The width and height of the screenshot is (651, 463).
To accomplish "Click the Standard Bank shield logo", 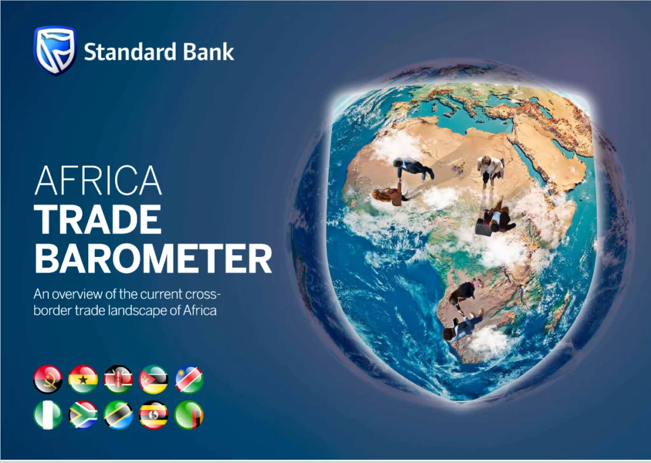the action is tap(55, 50).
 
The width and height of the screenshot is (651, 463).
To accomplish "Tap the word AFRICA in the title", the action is tap(98, 181).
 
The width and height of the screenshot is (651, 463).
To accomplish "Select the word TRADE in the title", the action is tap(98, 219).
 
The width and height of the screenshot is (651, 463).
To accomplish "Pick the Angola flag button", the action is tap(48, 379).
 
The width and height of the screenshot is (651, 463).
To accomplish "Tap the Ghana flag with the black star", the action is tap(83, 379).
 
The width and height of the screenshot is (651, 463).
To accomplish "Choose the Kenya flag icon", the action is tap(118, 379).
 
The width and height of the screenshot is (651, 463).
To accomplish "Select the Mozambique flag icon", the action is tap(154, 379).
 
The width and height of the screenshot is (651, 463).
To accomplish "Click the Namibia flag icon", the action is tap(189, 379).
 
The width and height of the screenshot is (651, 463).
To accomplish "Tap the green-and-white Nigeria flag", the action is tap(48, 415).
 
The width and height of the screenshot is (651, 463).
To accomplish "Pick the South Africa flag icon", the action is tap(83, 415).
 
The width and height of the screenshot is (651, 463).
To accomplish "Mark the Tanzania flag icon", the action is tap(118, 415).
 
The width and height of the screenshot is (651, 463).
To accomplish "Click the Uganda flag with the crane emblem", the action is tap(154, 415).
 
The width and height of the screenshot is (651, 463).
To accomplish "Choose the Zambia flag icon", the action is tap(189, 415).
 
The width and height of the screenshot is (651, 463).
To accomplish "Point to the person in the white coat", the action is tap(490, 169).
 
